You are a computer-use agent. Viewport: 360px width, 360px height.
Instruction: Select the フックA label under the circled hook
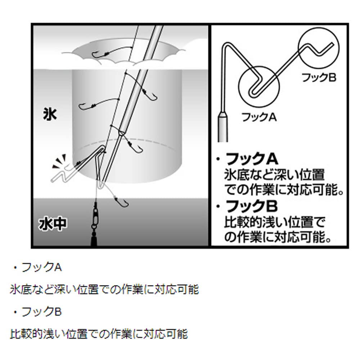coord(258,117)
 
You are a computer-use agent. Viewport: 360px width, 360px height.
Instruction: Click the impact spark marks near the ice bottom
coord(59,162)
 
